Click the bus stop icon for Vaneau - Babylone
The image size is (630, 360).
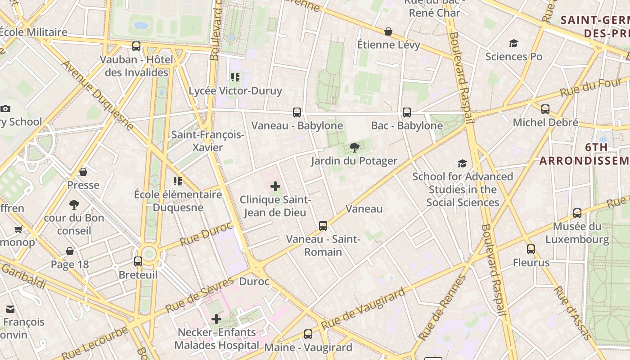(x=297, y=112)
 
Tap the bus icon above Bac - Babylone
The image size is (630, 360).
(x=407, y=112)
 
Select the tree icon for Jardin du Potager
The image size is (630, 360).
(x=355, y=148)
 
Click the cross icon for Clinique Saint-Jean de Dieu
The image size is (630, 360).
(x=275, y=186)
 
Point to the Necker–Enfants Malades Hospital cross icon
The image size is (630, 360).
(x=216, y=319)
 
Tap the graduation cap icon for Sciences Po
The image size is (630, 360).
(x=513, y=43)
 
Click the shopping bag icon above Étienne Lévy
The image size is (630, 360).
(x=388, y=31)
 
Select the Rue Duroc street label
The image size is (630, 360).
(x=206, y=234)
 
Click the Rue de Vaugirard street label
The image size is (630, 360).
(x=363, y=308)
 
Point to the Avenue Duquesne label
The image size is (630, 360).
(x=98, y=95)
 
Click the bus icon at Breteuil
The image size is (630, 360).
(x=138, y=261)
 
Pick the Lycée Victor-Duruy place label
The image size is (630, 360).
(x=235, y=91)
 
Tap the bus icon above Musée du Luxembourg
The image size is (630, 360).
(x=577, y=213)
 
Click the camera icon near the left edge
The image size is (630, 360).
(x=5, y=108)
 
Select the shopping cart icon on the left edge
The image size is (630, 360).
(x=18, y=229)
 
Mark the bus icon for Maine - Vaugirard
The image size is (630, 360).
(x=308, y=334)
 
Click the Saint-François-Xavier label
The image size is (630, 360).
(x=207, y=141)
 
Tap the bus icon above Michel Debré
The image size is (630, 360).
(x=545, y=109)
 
